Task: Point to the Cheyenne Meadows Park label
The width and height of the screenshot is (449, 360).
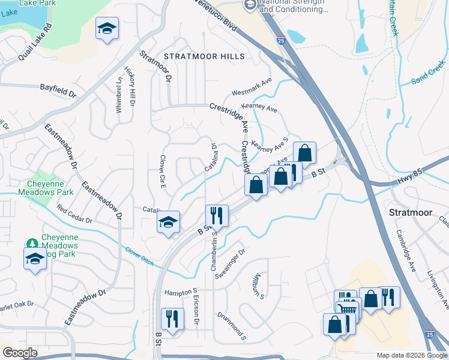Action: click(50, 188)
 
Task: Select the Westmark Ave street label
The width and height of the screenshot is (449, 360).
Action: click(252, 86)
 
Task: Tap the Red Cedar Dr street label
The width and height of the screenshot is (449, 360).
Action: click(74, 214)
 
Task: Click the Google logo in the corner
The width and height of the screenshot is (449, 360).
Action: click(20, 353)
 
